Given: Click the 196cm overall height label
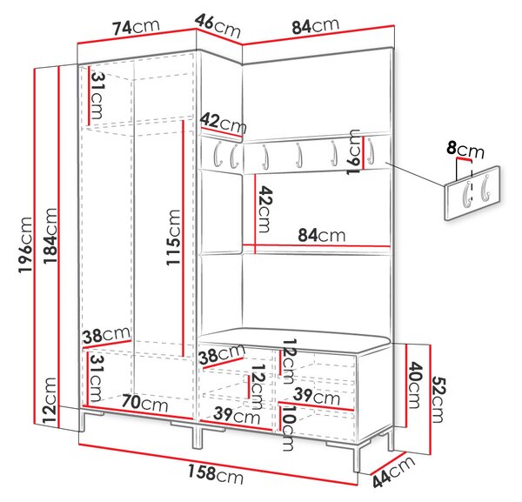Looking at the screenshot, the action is coord(25,245).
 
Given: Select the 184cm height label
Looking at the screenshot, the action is coord(50,236).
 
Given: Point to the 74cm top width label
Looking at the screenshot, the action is coord(137,27).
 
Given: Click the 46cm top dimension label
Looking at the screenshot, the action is coord(217,26).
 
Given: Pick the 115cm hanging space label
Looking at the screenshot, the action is coord(173,238).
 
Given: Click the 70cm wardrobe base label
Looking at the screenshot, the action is coord(144,403).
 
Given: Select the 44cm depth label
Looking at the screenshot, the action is coord(393,472).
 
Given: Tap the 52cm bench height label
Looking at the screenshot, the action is coord(438,400).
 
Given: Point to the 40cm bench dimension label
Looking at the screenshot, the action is coord(415,385).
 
